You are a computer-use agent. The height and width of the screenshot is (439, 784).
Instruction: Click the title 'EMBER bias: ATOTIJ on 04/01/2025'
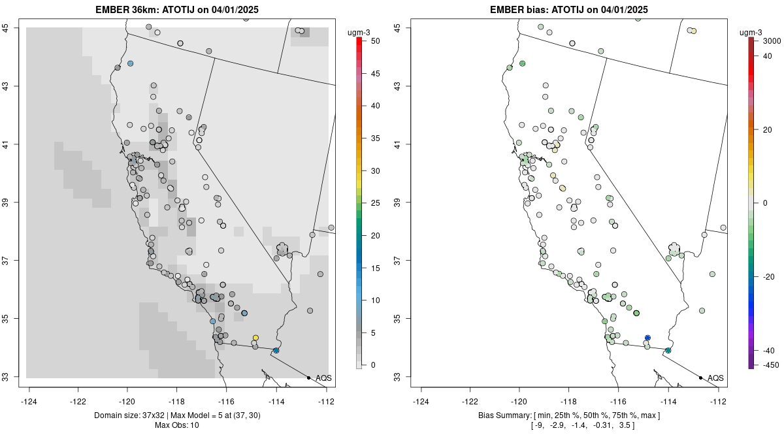coord(569,9)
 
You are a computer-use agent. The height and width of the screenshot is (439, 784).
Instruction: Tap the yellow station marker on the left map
coord(255,338)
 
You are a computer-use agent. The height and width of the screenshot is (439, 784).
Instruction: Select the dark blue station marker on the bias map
coord(647,338)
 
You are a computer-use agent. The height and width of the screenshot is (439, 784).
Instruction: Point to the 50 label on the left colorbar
coord(375,41)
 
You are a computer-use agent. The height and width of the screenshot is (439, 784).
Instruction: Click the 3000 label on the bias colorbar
coord(772,41)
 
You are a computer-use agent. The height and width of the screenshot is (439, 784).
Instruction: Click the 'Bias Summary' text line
coord(569,415)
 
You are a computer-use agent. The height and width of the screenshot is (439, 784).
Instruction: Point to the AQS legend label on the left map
coord(323,378)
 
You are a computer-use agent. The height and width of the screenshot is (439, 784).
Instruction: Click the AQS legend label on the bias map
coord(715,378)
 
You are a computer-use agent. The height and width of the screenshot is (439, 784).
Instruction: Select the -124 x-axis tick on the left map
coord(29,401)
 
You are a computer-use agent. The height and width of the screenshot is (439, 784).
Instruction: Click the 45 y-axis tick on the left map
coord(13,27)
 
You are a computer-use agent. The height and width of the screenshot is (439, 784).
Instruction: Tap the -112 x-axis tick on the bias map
coord(718,401)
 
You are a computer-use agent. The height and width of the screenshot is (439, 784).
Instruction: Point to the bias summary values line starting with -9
coord(569,426)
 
